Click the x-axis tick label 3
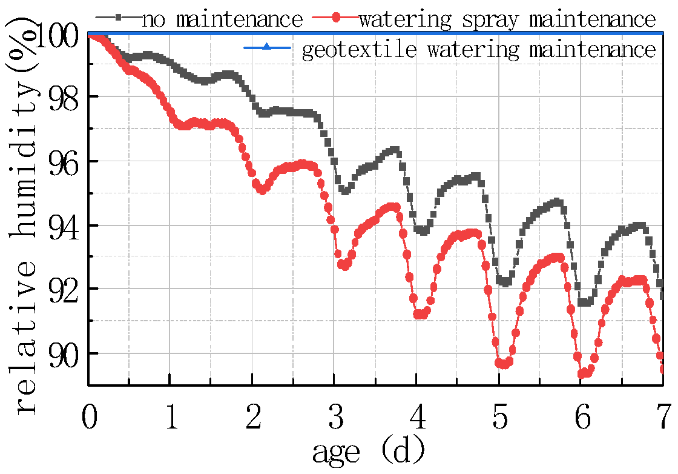(x=335, y=419)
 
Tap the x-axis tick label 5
(x=499, y=419)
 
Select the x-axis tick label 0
(x=90, y=419)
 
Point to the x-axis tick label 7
(x=663, y=419)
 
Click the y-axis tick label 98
(x=65, y=97)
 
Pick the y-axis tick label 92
(x=65, y=289)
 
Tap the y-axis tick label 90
(x=65, y=353)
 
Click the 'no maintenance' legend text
(x=222, y=19)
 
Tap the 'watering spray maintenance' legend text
(x=507, y=19)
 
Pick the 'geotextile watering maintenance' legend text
(x=478, y=49)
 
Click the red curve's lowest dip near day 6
(x=583, y=375)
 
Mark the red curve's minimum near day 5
(x=502, y=364)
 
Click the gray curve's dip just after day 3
(x=344, y=191)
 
